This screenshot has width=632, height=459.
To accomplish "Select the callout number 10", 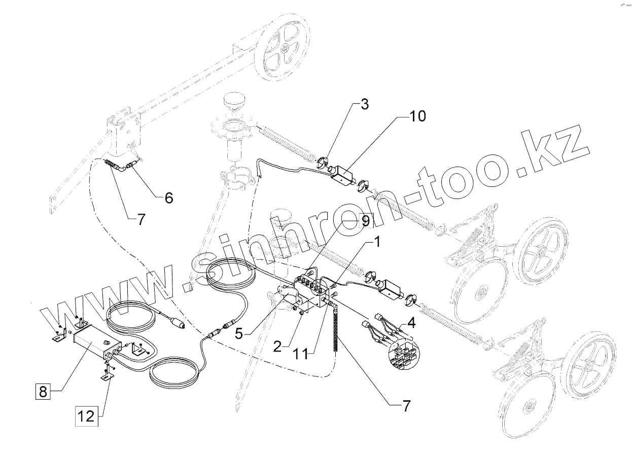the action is pyautogui.click(x=417, y=116).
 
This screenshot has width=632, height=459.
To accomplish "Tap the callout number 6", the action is pyautogui.click(x=168, y=197).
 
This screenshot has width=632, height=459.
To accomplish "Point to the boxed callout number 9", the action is pyautogui.click(x=365, y=220).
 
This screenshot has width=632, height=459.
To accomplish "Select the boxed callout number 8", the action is pyautogui.click(x=43, y=391).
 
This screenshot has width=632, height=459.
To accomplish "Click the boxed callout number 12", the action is pyautogui.click(x=86, y=416).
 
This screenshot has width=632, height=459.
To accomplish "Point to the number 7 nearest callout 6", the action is pyautogui.click(x=141, y=219).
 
